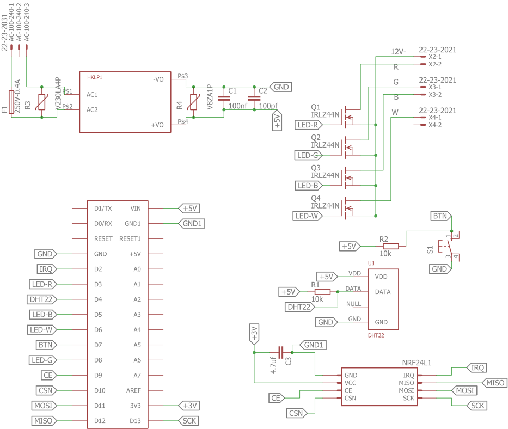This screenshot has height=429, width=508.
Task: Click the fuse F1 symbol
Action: point(11,102)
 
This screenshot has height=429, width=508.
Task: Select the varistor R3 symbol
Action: point(41,102)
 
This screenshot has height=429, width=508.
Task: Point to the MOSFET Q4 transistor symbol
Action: point(347,210)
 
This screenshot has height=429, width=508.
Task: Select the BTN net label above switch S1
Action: point(440,216)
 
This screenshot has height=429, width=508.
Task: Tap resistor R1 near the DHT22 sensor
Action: point(322,292)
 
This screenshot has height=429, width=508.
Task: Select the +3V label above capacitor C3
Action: point(254,333)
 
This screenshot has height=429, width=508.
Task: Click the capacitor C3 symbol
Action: point(281,352)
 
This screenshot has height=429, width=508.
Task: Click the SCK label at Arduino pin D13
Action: point(189,421)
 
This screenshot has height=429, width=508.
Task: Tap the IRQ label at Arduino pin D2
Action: point(45,269)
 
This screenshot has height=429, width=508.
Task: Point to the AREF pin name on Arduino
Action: point(133,391)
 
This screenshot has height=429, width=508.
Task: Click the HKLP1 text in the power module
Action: point(95,78)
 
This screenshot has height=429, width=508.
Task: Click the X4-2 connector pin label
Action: point(434,125)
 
